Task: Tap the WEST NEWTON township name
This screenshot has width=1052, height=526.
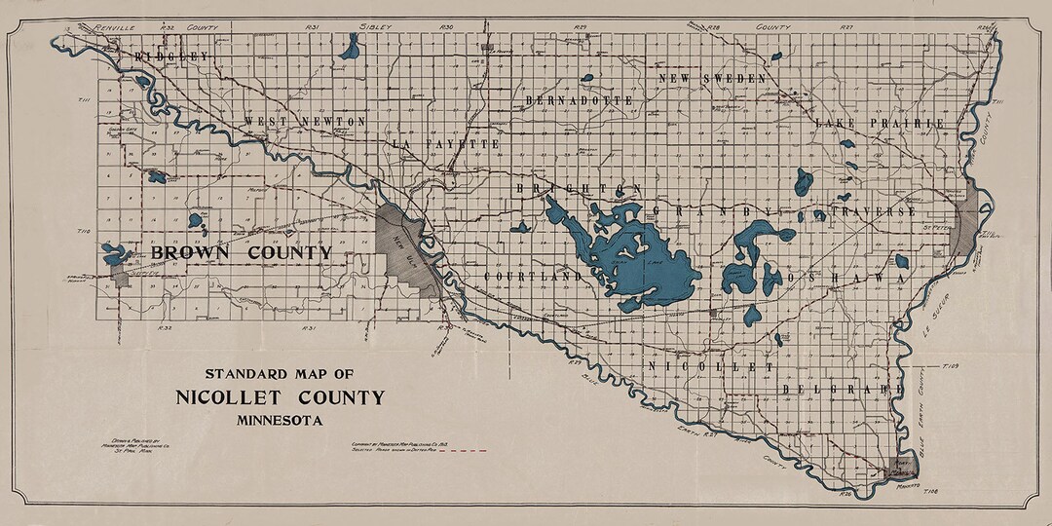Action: (x=304, y=122)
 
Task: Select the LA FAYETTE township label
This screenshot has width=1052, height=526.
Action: (x=445, y=144)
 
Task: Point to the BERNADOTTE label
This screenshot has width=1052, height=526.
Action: (x=579, y=100)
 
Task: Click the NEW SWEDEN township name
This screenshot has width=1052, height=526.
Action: (x=720, y=78)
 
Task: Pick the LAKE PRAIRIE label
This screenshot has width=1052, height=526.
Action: (x=880, y=124)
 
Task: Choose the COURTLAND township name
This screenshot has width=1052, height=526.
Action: (x=533, y=277)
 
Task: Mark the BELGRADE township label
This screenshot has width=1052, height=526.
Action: (x=836, y=389)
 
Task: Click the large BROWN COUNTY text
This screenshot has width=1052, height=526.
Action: (x=242, y=252)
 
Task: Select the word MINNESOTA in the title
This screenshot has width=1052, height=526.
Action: (x=280, y=421)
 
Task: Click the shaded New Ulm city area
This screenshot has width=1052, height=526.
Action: (x=404, y=249)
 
